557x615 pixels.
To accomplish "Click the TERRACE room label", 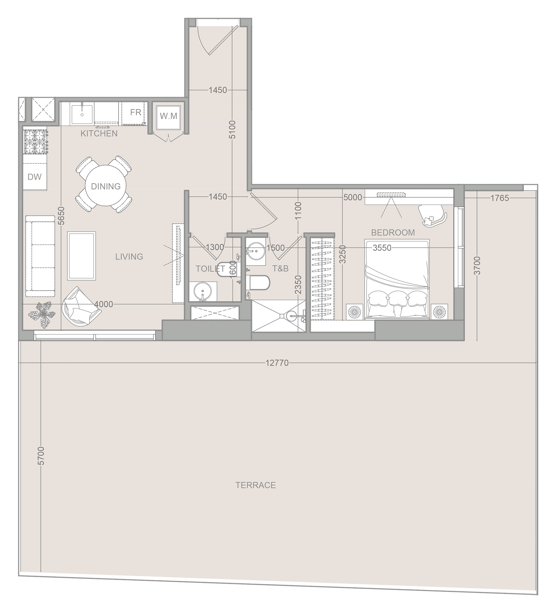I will (255, 485).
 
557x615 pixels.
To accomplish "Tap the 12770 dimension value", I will (277, 363).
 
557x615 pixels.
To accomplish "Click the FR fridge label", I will (136, 112).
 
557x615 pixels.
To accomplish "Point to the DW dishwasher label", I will (35, 177).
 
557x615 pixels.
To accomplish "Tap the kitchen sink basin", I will (82, 114).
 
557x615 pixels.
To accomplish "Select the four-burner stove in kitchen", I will (35, 142).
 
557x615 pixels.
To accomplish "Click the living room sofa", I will (40, 256).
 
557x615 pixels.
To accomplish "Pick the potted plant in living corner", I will (42, 315).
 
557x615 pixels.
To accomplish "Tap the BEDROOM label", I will (393, 233).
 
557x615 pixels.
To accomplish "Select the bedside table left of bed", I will (355, 311).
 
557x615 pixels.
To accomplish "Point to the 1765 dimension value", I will (499, 198).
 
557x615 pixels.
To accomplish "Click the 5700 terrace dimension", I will (41, 455).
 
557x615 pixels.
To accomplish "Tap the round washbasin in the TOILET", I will (203, 292).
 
